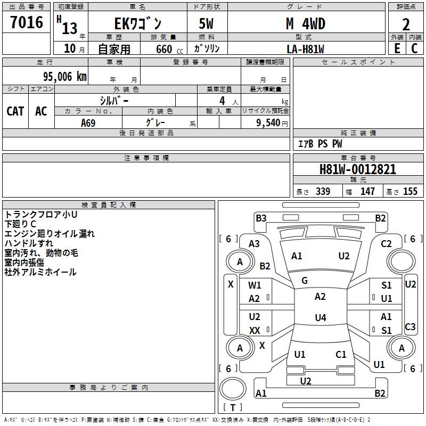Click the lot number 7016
click(x=27, y=23)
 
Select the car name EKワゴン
click(x=137, y=24)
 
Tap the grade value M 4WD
click(x=305, y=24)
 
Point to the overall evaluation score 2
click(x=406, y=24)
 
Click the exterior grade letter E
click(x=397, y=48)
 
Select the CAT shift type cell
click(x=15, y=111)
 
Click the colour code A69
click(x=88, y=123)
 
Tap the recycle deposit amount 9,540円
click(x=272, y=123)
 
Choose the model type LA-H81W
click(x=305, y=48)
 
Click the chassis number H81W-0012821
click(x=358, y=169)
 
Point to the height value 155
click(x=410, y=192)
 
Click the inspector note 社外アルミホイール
click(x=40, y=272)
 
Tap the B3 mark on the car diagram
click(x=261, y=218)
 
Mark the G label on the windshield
click(x=305, y=280)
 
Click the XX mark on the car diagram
click(x=255, y=331)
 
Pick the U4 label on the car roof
click(x=320, y=318)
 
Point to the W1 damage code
click(x=255, y=285)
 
